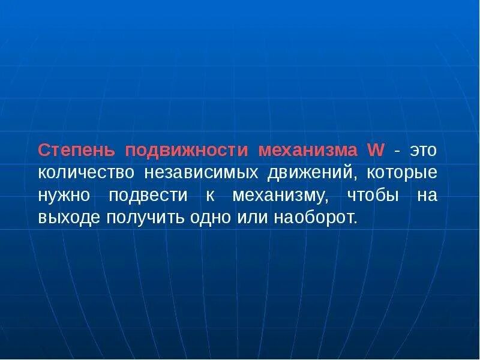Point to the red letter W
[x=376, y=150]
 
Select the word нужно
[x=63, y=196]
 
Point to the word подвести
[x=149, y=196]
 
